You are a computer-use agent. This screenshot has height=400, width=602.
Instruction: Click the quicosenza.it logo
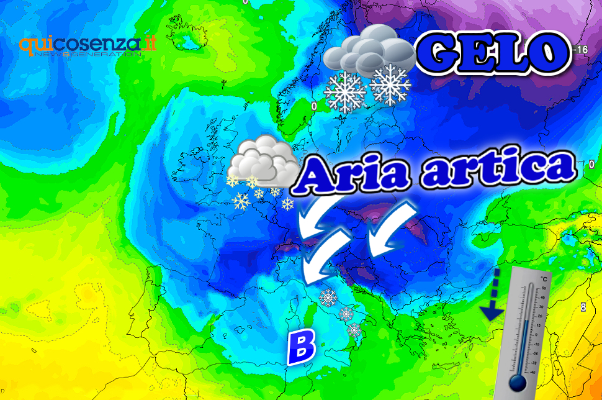coord(87,46)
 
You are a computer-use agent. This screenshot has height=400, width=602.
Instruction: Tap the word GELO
coord(492,52)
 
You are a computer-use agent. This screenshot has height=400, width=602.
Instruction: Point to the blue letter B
coord(302,346)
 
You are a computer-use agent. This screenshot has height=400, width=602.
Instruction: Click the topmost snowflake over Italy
coord(328,298)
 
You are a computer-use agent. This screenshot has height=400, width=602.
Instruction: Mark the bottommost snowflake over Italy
coord(354,330)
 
